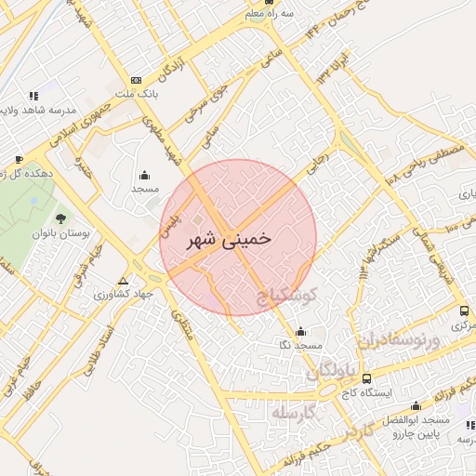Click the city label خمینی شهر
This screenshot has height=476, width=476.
229,238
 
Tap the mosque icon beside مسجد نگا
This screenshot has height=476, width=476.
299,332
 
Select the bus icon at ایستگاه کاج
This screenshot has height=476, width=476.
366,378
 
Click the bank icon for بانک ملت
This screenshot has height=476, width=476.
137,81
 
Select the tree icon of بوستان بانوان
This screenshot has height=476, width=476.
60,219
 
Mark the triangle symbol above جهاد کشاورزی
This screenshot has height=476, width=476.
124,280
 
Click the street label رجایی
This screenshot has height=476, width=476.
317,165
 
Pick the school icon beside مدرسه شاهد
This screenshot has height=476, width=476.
34,95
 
